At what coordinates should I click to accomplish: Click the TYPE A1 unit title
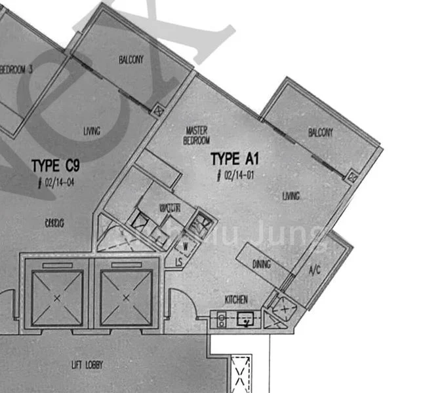tap(236, 159)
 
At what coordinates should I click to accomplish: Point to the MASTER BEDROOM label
tap(197, 136)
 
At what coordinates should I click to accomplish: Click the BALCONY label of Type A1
tap(320, 133)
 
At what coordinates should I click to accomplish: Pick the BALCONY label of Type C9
tap(130, 60)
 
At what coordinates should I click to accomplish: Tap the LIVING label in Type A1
tap(291, 196)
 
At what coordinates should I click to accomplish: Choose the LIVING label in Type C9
tap(92, 132)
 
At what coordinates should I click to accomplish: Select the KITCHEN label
tap(236, 299)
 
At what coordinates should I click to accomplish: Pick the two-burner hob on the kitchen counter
tap(223, 320)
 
